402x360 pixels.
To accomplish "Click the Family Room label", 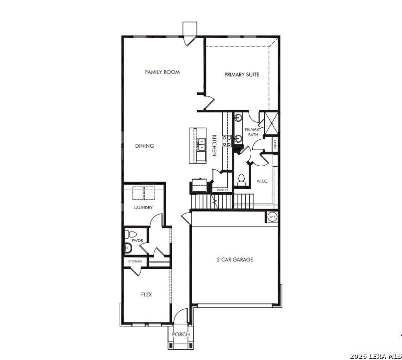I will (162, 72).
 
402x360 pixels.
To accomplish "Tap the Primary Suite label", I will (242, 75).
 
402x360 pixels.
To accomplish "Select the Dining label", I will (144, 146).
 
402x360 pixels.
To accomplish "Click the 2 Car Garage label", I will (235, 260).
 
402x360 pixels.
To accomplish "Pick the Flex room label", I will (146, 295).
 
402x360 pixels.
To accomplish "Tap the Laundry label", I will (143, 208).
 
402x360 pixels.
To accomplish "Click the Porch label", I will (181, 334).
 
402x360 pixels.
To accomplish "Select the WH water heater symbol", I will (272, 217).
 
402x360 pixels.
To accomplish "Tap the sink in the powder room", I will (128, 248).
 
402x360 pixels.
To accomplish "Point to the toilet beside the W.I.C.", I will (242, 180).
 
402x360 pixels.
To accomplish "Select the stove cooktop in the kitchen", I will (227, 141).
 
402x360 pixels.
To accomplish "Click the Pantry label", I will (223, 190).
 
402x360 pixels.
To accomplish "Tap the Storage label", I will (135, 261).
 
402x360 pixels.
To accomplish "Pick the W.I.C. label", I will (262, 181).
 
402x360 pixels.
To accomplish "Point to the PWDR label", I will (137, 241).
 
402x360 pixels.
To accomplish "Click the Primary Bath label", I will (253, 132).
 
